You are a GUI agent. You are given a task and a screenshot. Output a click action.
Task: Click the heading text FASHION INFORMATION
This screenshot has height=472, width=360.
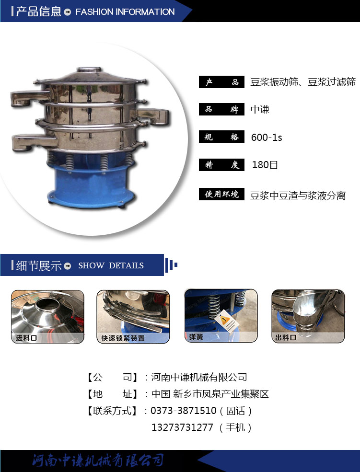tap(125, 12)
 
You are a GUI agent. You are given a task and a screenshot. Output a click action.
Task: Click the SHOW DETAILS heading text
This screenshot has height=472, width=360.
tap(111, 265)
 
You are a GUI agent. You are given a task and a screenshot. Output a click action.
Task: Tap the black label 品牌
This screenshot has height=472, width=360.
tap(221, 109)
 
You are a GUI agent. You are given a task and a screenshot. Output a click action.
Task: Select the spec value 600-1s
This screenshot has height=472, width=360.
tap(267, 138)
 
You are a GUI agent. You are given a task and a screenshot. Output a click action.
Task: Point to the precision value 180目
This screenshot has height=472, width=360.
tap(265, 165)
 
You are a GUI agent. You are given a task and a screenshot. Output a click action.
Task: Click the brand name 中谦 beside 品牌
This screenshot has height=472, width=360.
tap(260, 109)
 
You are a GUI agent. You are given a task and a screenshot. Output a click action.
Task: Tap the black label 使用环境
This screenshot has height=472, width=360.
tap(221, 194)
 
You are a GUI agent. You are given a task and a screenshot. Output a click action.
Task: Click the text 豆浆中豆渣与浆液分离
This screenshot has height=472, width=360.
tap(298, 196)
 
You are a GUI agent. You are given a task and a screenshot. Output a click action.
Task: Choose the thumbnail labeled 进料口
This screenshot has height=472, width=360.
tap(47, 317)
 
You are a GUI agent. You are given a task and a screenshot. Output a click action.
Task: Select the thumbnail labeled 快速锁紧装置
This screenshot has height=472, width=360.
tap(133, 317)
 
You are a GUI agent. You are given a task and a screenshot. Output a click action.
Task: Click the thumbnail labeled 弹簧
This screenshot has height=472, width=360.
tap(221, 316)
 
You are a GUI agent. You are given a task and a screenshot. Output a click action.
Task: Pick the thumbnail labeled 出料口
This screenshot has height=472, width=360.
tap(308, 316)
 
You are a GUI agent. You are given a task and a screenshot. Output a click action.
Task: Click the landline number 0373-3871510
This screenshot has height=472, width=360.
tap(183, 411)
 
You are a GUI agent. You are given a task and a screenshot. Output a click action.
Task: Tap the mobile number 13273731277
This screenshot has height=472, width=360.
tap(182, 427)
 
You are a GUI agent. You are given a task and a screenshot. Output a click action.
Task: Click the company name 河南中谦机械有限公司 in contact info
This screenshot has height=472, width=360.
tap(199, 377)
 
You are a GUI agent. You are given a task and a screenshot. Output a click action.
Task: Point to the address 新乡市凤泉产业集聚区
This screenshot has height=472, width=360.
tap(221, 394)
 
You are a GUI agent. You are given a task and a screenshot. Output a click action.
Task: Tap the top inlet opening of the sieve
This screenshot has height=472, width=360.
tap(89, 69)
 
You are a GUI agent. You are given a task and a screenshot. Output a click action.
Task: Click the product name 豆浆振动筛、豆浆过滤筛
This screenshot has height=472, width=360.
tap(303, 82)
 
